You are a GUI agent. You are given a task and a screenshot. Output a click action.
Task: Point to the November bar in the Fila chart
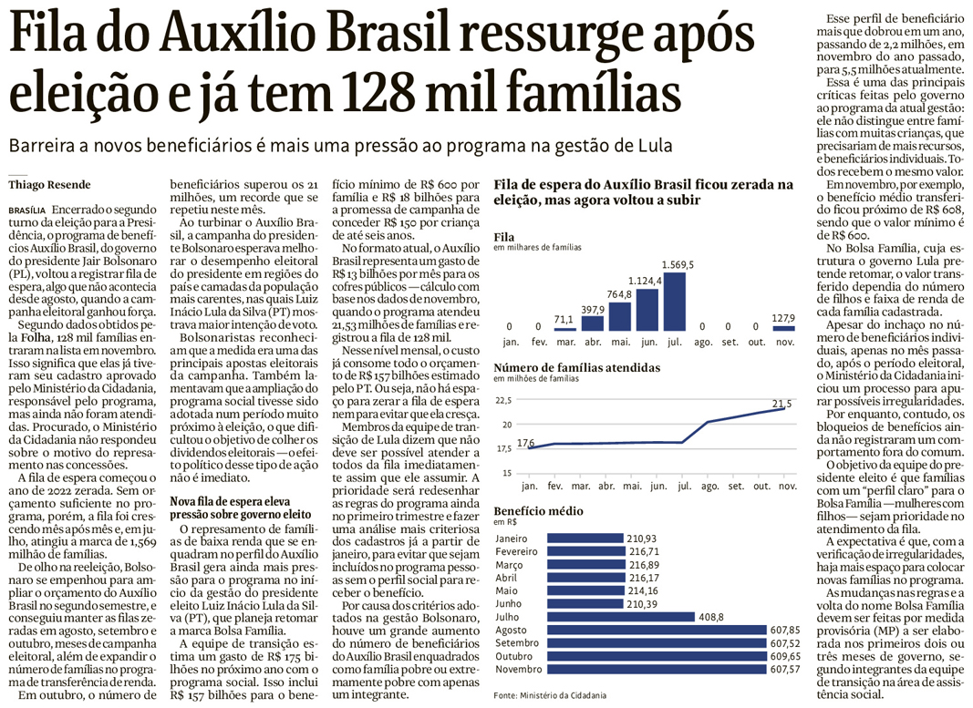click(x=782, y=327)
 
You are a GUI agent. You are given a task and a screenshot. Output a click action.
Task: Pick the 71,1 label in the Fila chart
click(x=564, y=319)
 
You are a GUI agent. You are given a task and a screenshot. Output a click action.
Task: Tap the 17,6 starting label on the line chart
click(x=525, y=443)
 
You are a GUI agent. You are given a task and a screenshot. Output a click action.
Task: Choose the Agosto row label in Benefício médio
click(x=511, y=630)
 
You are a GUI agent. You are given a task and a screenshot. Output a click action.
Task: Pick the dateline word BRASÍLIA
click(x=26, y=209)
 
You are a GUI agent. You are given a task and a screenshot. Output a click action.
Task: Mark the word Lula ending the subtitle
click(x=651, y=146)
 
